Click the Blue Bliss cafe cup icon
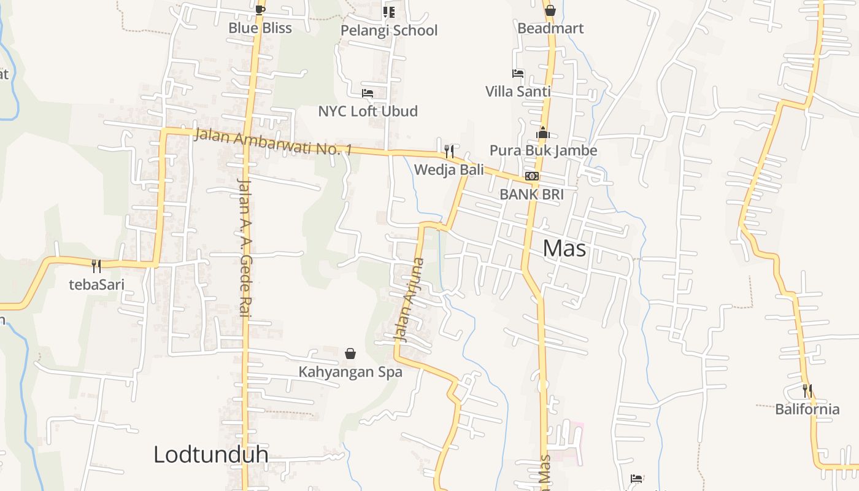pyautogui.click(x=260, y=9)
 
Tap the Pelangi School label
pyautogui.click(x=389, y=30)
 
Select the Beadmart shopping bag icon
pyautogui.click(x=550, y=10)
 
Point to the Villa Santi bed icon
pyautogui.click(x=518, y=74)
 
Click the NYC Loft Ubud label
pyautogui.click(x=368, y=111)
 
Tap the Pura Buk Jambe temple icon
pyautogui.click(x=543, y=133)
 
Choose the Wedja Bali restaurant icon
pyautogui.click(x=449, y=151)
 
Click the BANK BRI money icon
pyautogui.click(x=532, y=177)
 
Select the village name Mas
pyautogui.click(x=564, y=248)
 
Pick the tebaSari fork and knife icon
pyautogui.click(x=96, y=266)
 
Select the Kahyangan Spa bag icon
pyautogui.click(x=350, y=354)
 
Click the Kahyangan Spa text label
pyautogui.click(x=350, y=372)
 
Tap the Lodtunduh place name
pyautogui.click(x=210, y=455)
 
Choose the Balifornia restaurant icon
pyautogui.click(x=807, y=390)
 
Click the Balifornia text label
pyautogui.click(x=807, y=409)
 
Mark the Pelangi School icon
pyautogui.click(x=389, y=12)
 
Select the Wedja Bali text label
pyautogui.click(x=449, y=169)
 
